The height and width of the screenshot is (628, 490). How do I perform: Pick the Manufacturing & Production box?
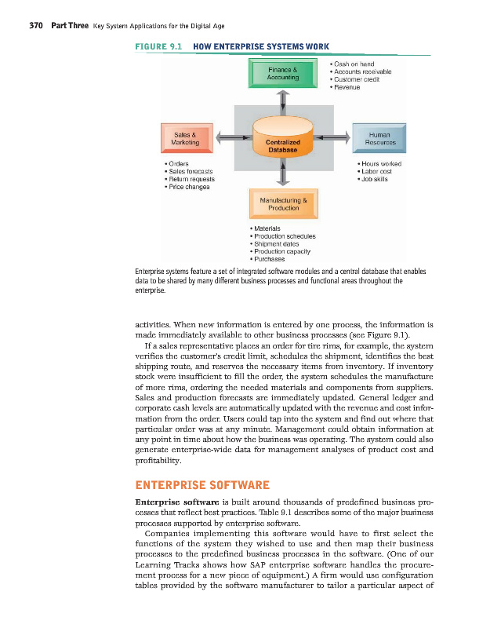point(282,204)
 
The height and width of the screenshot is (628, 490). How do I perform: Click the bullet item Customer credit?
point(358,79)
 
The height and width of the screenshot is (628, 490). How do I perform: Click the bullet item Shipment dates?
point(280,243)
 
